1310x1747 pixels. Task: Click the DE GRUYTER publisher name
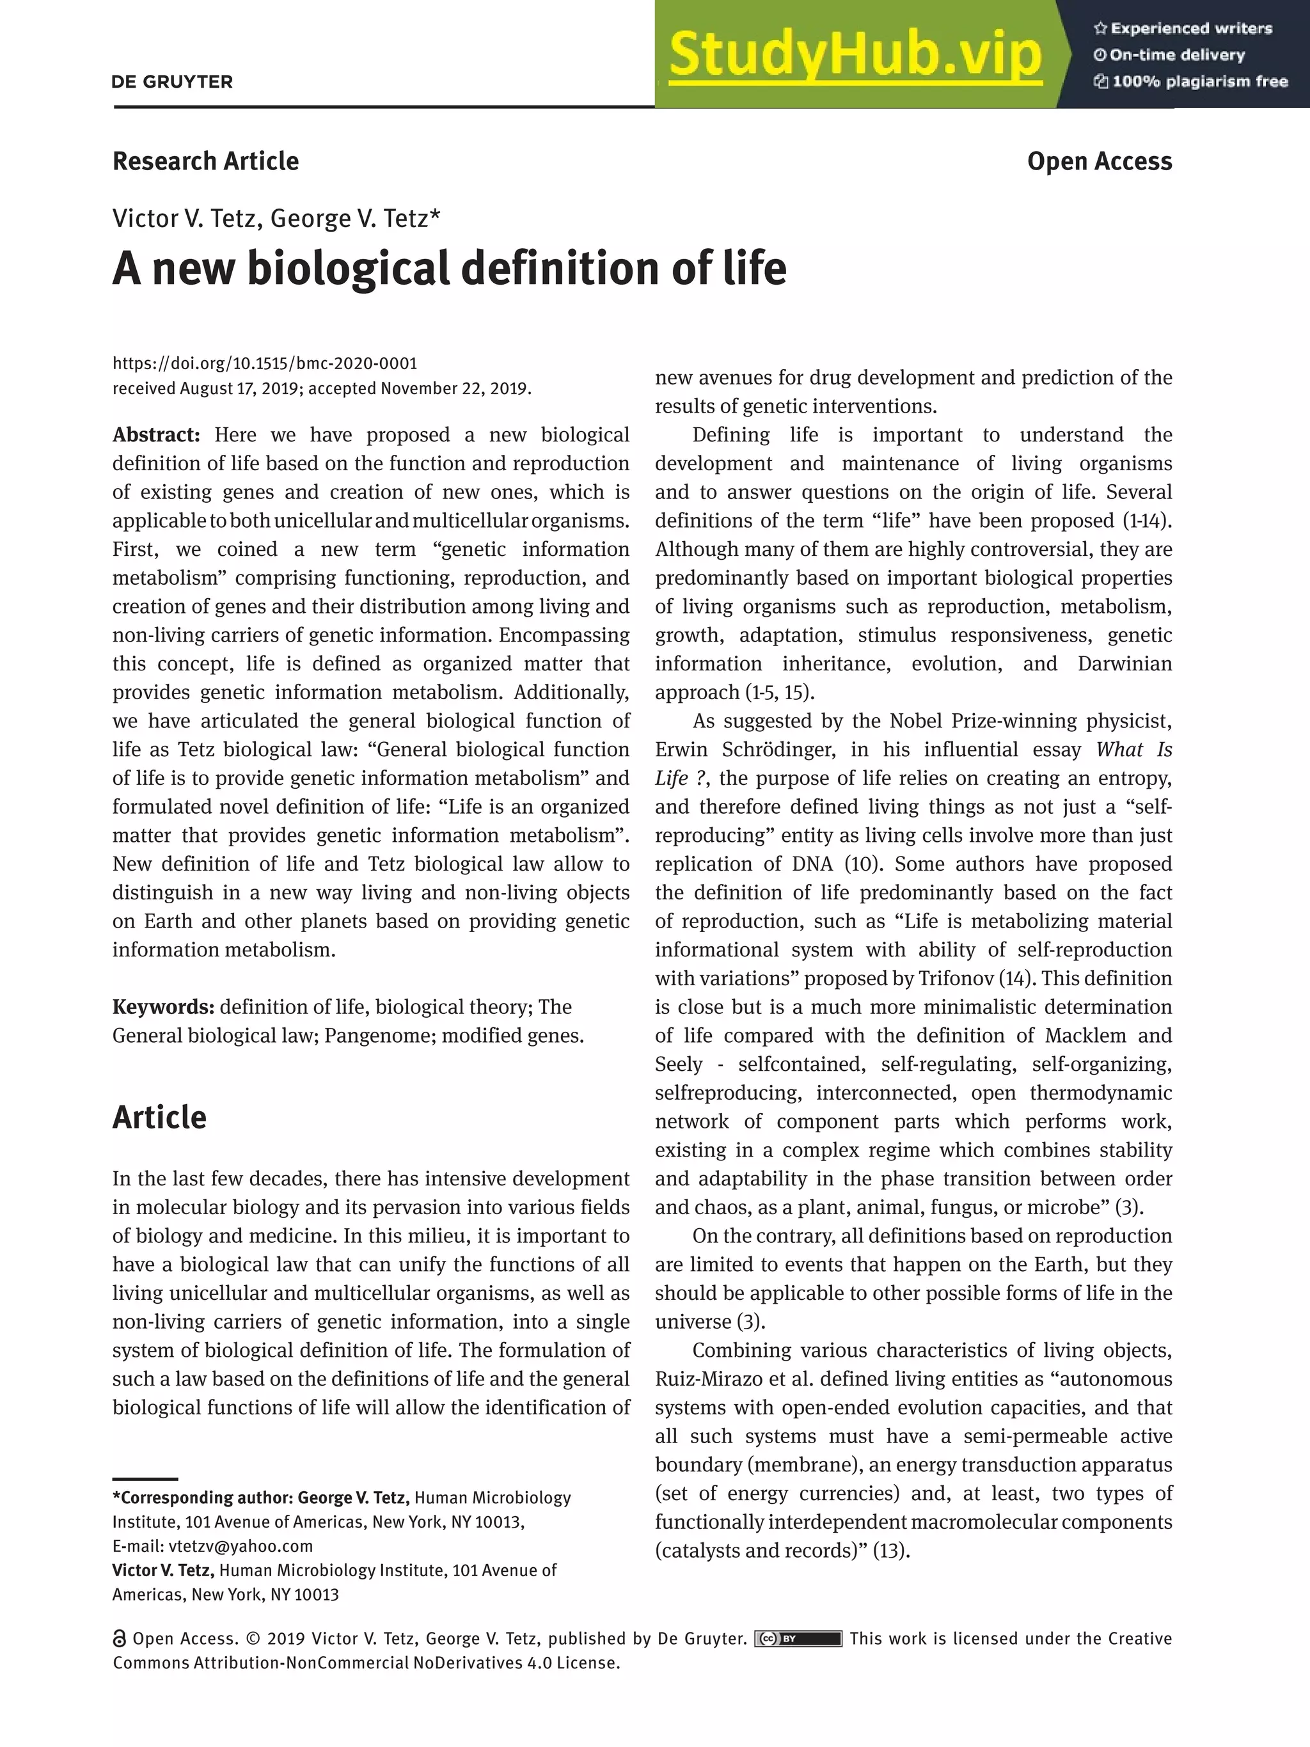(x=172, y=82)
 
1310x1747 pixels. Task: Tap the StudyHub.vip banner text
(x=855, y=54)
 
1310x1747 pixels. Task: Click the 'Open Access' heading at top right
(x=1099, y=161)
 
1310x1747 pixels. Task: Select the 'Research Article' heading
(x=205, y=161)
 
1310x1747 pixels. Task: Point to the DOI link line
(x=265, y=363)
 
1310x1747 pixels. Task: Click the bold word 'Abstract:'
(x=156, y=435)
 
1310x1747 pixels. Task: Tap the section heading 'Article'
(x=159, y=1118)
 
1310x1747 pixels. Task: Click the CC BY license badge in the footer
(x=798, y=1639)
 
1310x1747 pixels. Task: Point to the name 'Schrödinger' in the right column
(x=773, y=750)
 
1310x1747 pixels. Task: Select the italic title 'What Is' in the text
(x=1134, y=750)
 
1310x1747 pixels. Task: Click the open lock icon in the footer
(x=120, y=1639)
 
